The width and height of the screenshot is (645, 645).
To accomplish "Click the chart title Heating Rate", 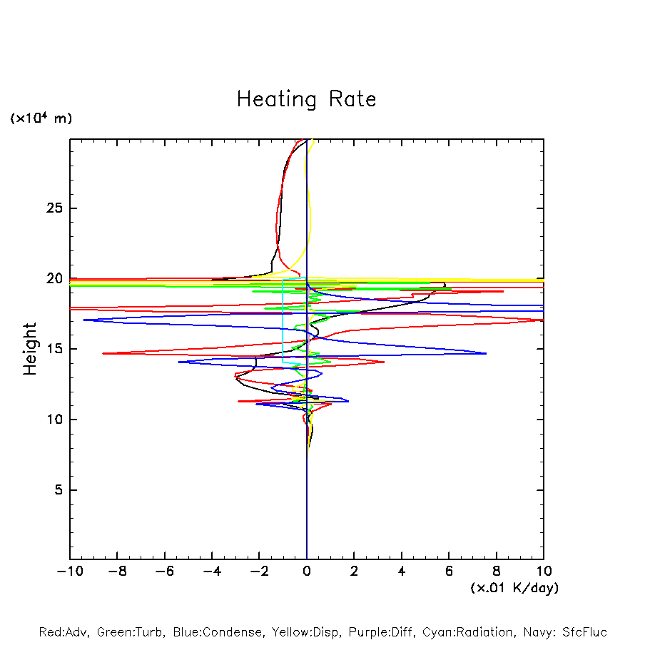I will [x=306, y=98].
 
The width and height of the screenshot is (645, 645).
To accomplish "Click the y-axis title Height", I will [x=29, y=349].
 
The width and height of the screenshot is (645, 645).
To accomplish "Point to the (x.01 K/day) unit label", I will [x=514, y=588].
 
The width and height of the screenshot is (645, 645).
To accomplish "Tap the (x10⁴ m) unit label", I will [x=41, y=118].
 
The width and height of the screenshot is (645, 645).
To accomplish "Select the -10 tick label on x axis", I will [x=70, y=572].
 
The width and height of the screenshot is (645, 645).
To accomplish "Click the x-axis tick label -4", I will [x=212, y=572].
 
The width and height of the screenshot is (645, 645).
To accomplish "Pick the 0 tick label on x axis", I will [x=307, y=572].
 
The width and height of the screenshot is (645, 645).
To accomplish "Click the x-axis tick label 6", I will [x=449, y=572].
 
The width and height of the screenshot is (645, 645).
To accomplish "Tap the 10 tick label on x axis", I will [x=543, y=572].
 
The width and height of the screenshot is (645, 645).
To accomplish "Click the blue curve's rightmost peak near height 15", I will [x=486, y=353].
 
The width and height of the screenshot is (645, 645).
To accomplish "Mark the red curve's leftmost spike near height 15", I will [x=103, y=353].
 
